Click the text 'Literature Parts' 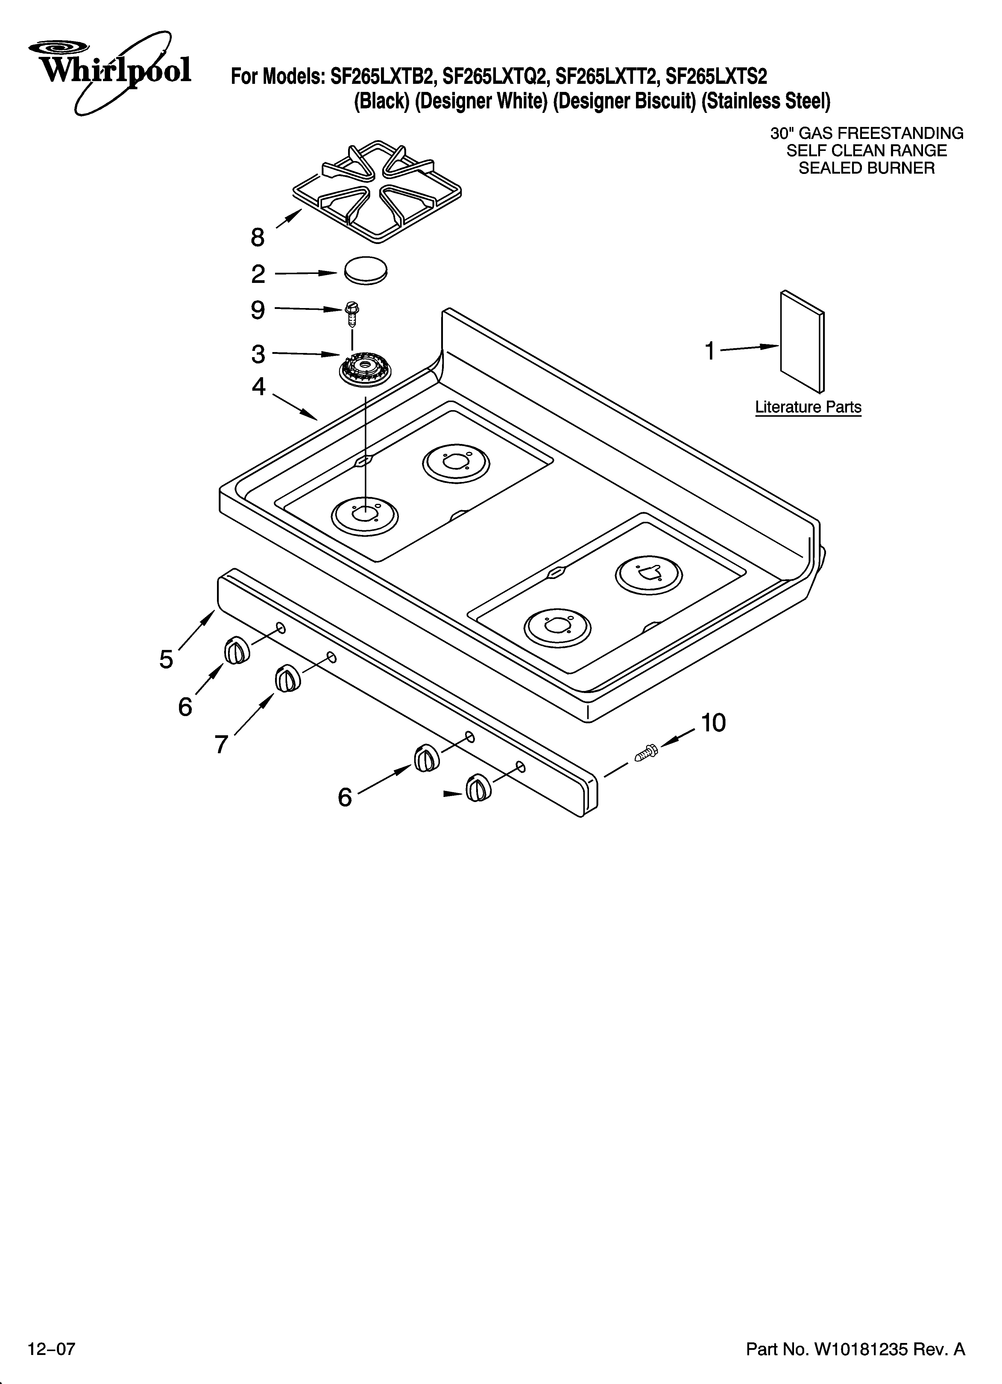click(808, 407)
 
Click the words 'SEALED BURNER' click(866, 169)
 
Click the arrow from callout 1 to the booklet click(749, 348)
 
